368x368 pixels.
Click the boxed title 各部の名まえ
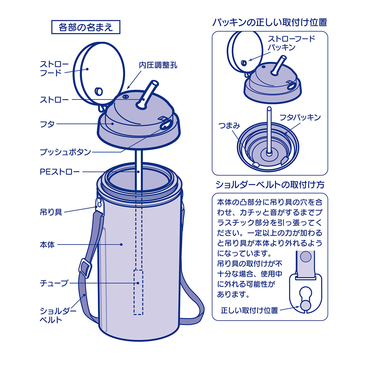(86, 27)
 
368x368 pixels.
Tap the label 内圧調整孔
(158, 65)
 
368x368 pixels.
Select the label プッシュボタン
(65, 152)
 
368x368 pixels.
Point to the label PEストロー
(59, 172)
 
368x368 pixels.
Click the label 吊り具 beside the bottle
(51, 212)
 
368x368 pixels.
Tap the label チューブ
(54, 283)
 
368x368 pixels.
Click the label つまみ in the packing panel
(229, 126)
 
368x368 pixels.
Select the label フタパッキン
(300, 117)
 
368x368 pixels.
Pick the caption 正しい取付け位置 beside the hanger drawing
(249, 310)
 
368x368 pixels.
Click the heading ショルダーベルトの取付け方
(270, 185)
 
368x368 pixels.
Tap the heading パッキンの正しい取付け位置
(270, 22)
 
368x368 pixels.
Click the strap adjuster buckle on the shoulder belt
(85, 268)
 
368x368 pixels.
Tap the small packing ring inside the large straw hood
(99, 91)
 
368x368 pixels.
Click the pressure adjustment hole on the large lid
(125, 96)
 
